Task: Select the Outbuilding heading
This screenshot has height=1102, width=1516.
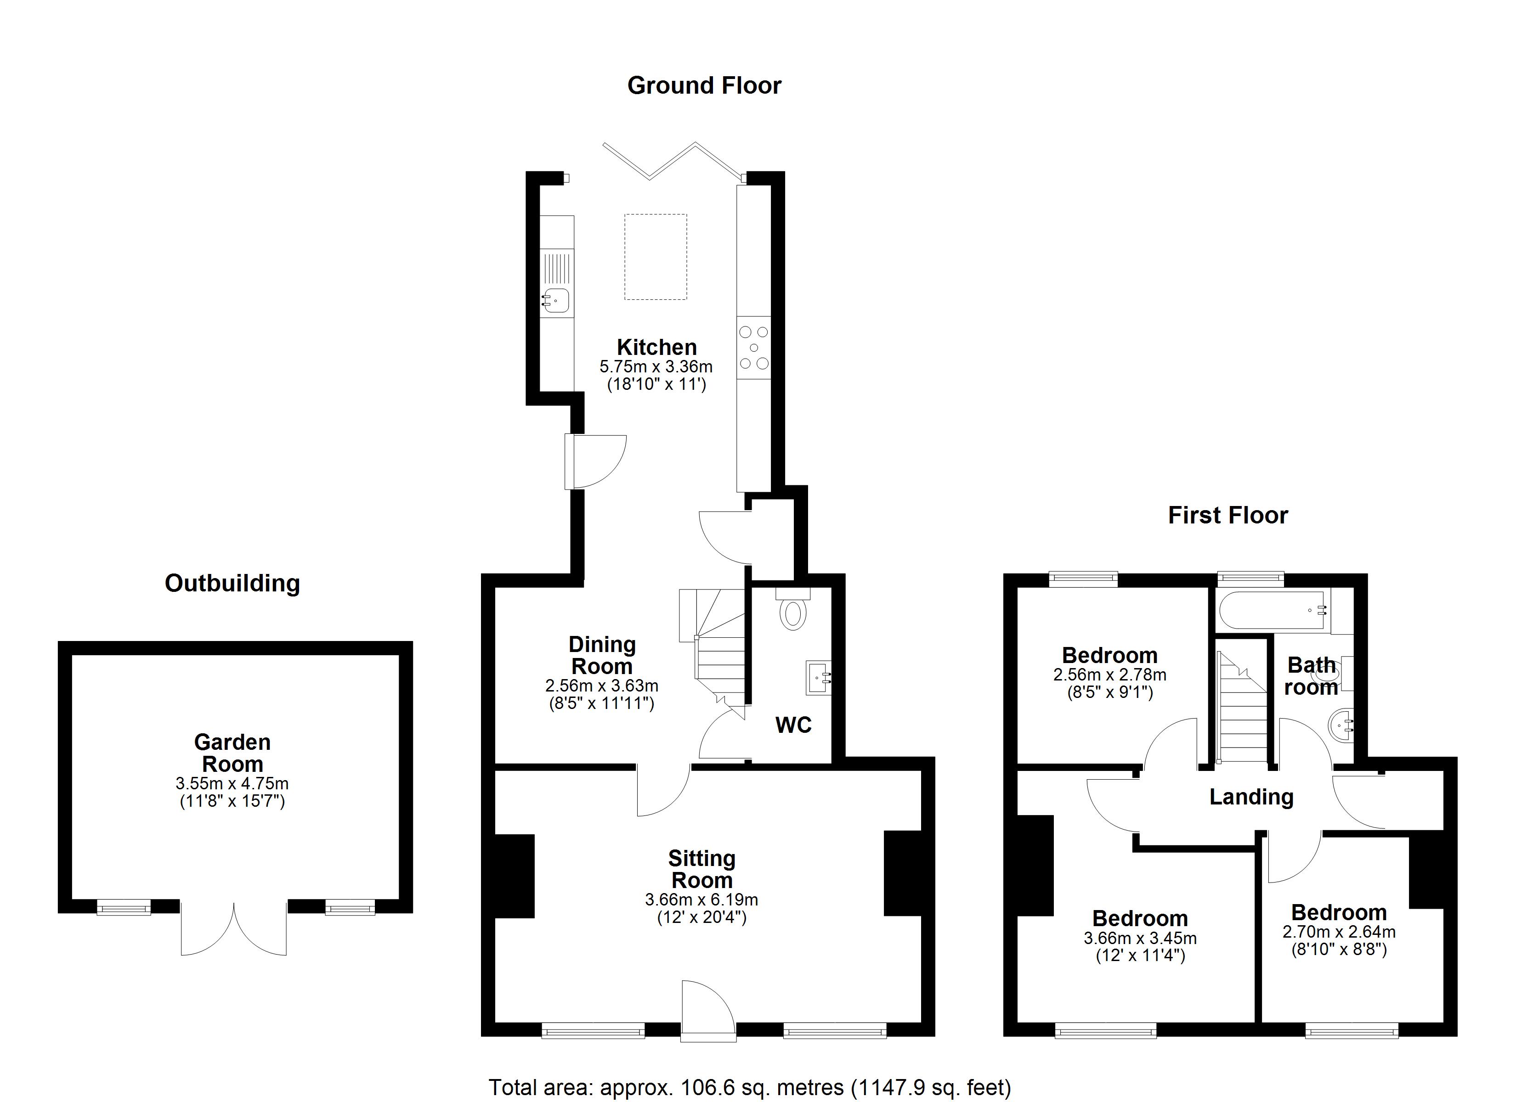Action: (x=232, y=584)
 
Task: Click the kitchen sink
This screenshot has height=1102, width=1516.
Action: (x=555, y=299)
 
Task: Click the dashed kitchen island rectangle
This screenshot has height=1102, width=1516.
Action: (x=656, y=257)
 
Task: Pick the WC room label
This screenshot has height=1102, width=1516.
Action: (x=793, y=725)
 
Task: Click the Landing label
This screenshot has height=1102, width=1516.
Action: (x=1251, y=797)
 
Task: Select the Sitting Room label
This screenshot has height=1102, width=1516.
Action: (x=702, y=869)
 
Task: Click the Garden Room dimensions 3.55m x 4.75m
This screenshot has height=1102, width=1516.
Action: (x=232, y=783)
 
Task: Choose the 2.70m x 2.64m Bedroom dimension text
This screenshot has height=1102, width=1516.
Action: (x=1339, y=932)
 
